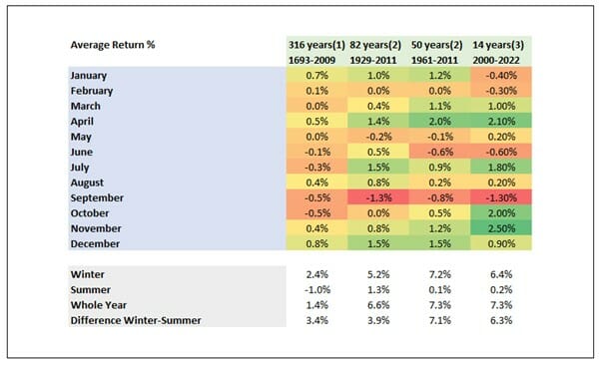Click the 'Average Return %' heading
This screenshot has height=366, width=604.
click(113, 45)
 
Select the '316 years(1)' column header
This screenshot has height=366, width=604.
click(310, 45)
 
